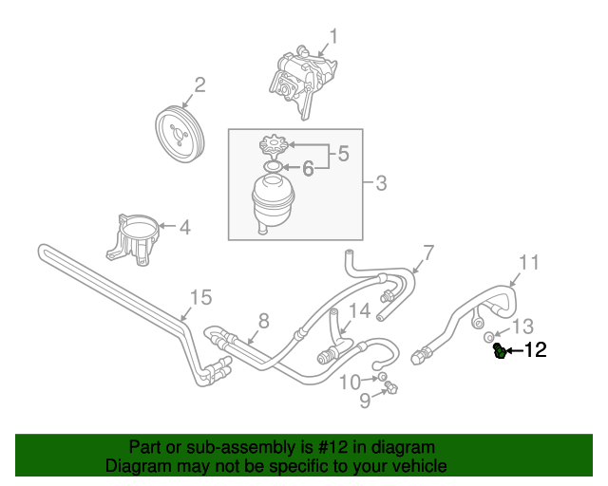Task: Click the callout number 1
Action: pos(333,38)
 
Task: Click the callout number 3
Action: pos(380,183)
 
